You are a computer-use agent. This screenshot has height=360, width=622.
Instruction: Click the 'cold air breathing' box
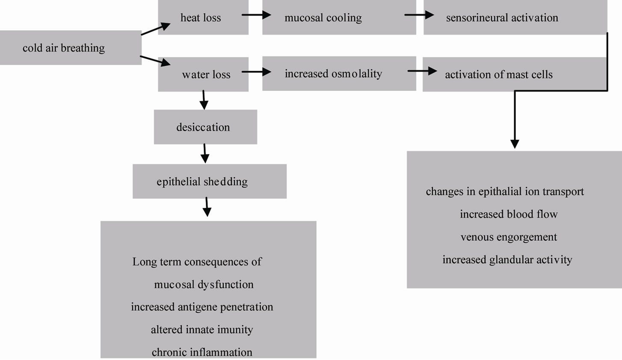coord(71,48)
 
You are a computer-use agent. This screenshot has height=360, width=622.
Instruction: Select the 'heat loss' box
coord(203,17)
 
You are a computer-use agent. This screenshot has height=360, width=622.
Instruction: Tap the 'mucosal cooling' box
coord(339,17)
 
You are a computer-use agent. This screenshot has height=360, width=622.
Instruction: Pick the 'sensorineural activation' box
coord(515,17)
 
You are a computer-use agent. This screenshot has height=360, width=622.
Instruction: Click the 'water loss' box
coord(203,74)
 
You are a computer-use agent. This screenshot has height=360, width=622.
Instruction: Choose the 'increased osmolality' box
coord(339,74)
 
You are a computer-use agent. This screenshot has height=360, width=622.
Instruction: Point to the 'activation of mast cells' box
coord(514,74)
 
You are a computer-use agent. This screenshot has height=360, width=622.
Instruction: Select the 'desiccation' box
coord(205,127)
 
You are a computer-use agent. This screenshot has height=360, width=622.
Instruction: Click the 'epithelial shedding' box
coord(210,181)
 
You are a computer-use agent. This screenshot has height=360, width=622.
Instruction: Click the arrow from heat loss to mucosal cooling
coord(256,15)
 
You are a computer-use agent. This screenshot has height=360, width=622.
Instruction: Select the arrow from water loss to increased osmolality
coord(256,71)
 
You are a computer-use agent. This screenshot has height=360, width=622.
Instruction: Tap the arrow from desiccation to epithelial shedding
coord(204,153)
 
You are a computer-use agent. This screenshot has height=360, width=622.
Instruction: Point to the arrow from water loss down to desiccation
coord(204,100)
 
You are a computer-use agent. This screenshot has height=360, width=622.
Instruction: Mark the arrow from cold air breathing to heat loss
coord(156,29)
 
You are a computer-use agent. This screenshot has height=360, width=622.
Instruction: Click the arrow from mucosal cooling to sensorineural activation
coord(419,15)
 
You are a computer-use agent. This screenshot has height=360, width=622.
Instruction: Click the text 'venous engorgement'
coord(509,237)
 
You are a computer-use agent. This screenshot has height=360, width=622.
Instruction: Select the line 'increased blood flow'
coord(509,214)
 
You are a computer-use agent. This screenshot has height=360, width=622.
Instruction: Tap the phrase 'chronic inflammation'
coord(202,352)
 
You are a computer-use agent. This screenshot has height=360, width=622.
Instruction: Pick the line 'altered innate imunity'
coord(202,330)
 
